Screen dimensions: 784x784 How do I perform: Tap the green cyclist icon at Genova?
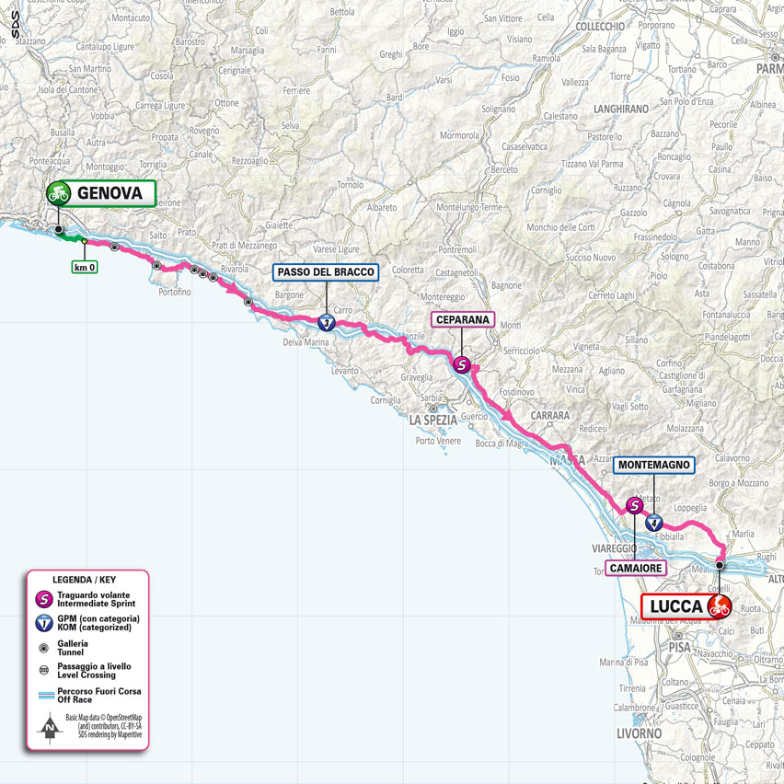(59, 193)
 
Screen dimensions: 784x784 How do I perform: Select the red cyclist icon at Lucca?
(719, 607)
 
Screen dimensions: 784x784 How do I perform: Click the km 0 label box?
(85, 268)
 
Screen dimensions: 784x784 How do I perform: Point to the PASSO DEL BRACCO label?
(326, 272)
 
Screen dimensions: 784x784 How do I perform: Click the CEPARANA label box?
(463, 320)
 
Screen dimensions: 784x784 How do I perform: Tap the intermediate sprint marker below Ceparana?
(464, 365)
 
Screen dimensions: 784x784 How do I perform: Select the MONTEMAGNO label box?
(653, 466)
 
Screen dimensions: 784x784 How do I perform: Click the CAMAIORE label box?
(635, 570)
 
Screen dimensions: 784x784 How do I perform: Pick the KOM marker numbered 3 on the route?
(327, 323)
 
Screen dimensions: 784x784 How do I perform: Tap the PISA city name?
(680, 648)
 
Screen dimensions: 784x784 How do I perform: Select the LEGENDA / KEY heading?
(84, 582)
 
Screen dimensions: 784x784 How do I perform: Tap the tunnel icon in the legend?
(42, 648)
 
